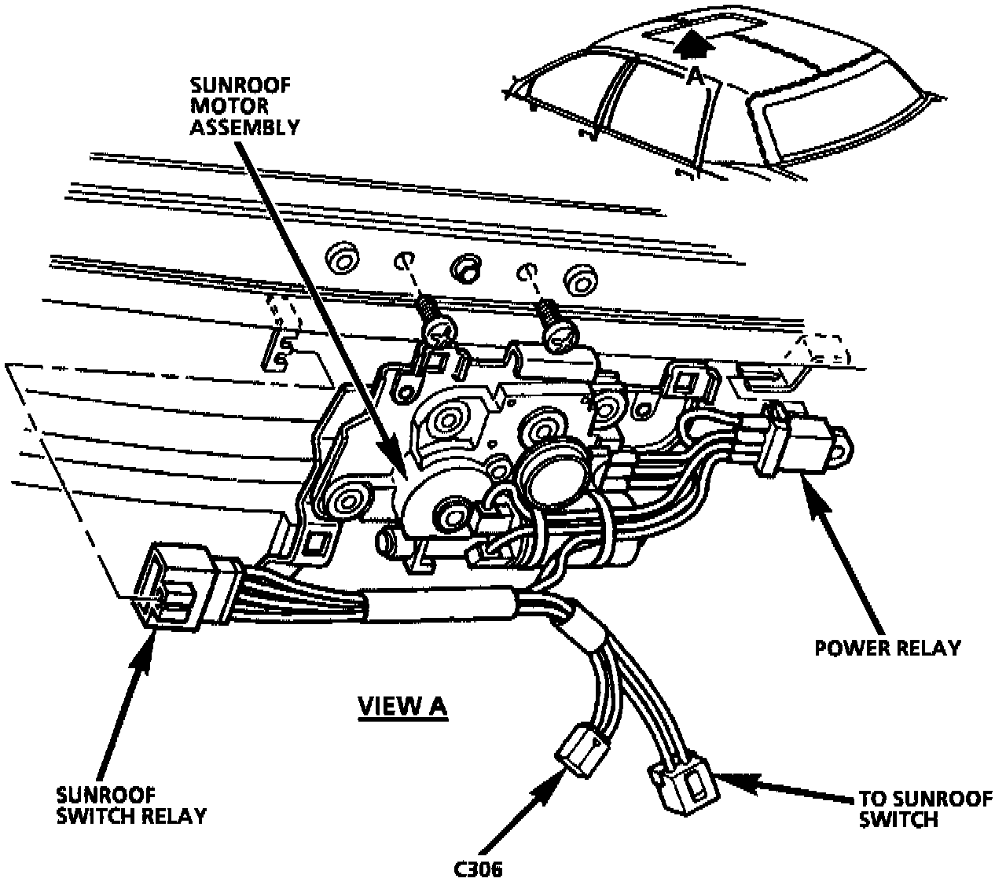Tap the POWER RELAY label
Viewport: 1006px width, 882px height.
[887, 648]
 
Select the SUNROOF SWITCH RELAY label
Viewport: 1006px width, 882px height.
[130, 804]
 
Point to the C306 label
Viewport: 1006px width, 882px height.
[477, 869]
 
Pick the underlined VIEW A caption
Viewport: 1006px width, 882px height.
[402, 706]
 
